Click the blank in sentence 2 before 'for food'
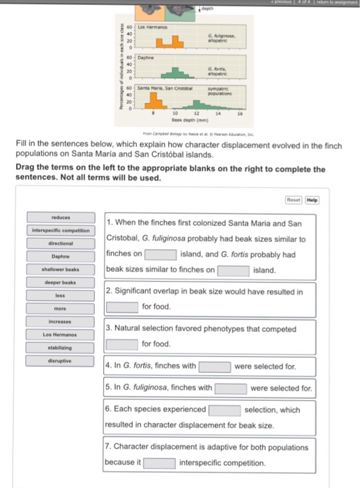point(121,307)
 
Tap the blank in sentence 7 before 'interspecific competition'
point(160,462)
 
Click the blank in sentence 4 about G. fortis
point(215,365)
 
